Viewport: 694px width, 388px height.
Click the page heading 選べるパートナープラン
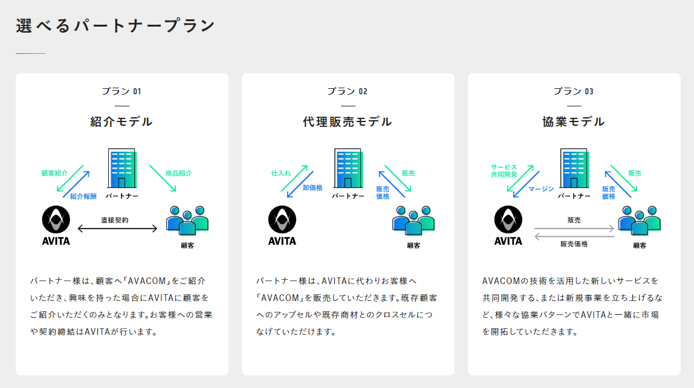115,26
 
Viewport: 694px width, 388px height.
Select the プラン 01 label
122,91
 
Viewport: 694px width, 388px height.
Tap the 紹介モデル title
122,121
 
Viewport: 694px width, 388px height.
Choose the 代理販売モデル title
348,121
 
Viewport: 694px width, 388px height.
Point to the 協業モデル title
574,121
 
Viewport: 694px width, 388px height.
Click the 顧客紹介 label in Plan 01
54,173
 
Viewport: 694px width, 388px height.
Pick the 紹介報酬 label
83,196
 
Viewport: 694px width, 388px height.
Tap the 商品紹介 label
178,173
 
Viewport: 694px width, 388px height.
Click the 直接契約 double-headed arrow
117,228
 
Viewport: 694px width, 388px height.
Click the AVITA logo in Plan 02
282,224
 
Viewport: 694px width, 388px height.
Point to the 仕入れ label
281,173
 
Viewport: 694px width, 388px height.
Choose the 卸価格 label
313,188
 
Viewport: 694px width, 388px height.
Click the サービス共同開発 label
504,170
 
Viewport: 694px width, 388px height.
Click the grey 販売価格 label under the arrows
574,244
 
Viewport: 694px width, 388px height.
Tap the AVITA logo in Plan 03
508,224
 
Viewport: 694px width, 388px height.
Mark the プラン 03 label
574,91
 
